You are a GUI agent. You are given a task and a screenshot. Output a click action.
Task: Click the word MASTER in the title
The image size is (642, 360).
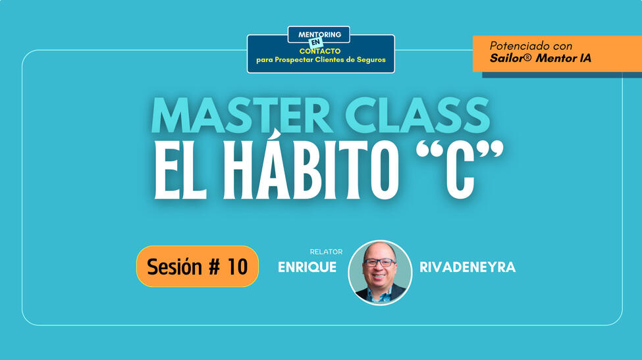point(242,115)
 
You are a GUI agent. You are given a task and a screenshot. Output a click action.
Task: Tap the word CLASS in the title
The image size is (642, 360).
point(417,115)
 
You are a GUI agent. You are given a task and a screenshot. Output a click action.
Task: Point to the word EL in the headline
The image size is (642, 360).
point(180,169)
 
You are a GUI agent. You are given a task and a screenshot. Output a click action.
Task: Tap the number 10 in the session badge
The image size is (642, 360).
point(238,267)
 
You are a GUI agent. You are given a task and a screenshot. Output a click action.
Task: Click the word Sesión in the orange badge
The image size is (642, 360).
point(174,267)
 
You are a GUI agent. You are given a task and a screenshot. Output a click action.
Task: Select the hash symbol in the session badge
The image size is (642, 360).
point(215,267)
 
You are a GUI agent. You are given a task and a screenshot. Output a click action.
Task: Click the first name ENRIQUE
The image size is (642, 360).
point(307,267)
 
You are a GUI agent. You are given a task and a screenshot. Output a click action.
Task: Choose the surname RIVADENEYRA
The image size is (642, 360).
point(468,267)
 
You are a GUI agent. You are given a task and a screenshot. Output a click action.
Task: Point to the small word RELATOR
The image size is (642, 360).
point(326,251)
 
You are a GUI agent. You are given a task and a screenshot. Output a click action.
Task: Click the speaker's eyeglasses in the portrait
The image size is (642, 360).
point(379,263)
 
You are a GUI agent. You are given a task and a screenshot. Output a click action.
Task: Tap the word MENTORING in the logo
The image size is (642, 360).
point(320,35)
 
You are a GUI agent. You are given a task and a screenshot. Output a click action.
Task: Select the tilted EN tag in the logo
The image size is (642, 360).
point(315,42)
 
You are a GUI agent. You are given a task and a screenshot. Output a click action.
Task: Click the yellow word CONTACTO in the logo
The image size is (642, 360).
point(320,51)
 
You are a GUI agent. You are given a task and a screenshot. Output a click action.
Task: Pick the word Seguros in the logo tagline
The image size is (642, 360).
point(371,60)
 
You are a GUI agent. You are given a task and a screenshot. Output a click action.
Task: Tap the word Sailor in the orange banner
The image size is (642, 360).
point(507,58)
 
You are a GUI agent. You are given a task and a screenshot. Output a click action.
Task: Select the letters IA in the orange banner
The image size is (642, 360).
point(586,58)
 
